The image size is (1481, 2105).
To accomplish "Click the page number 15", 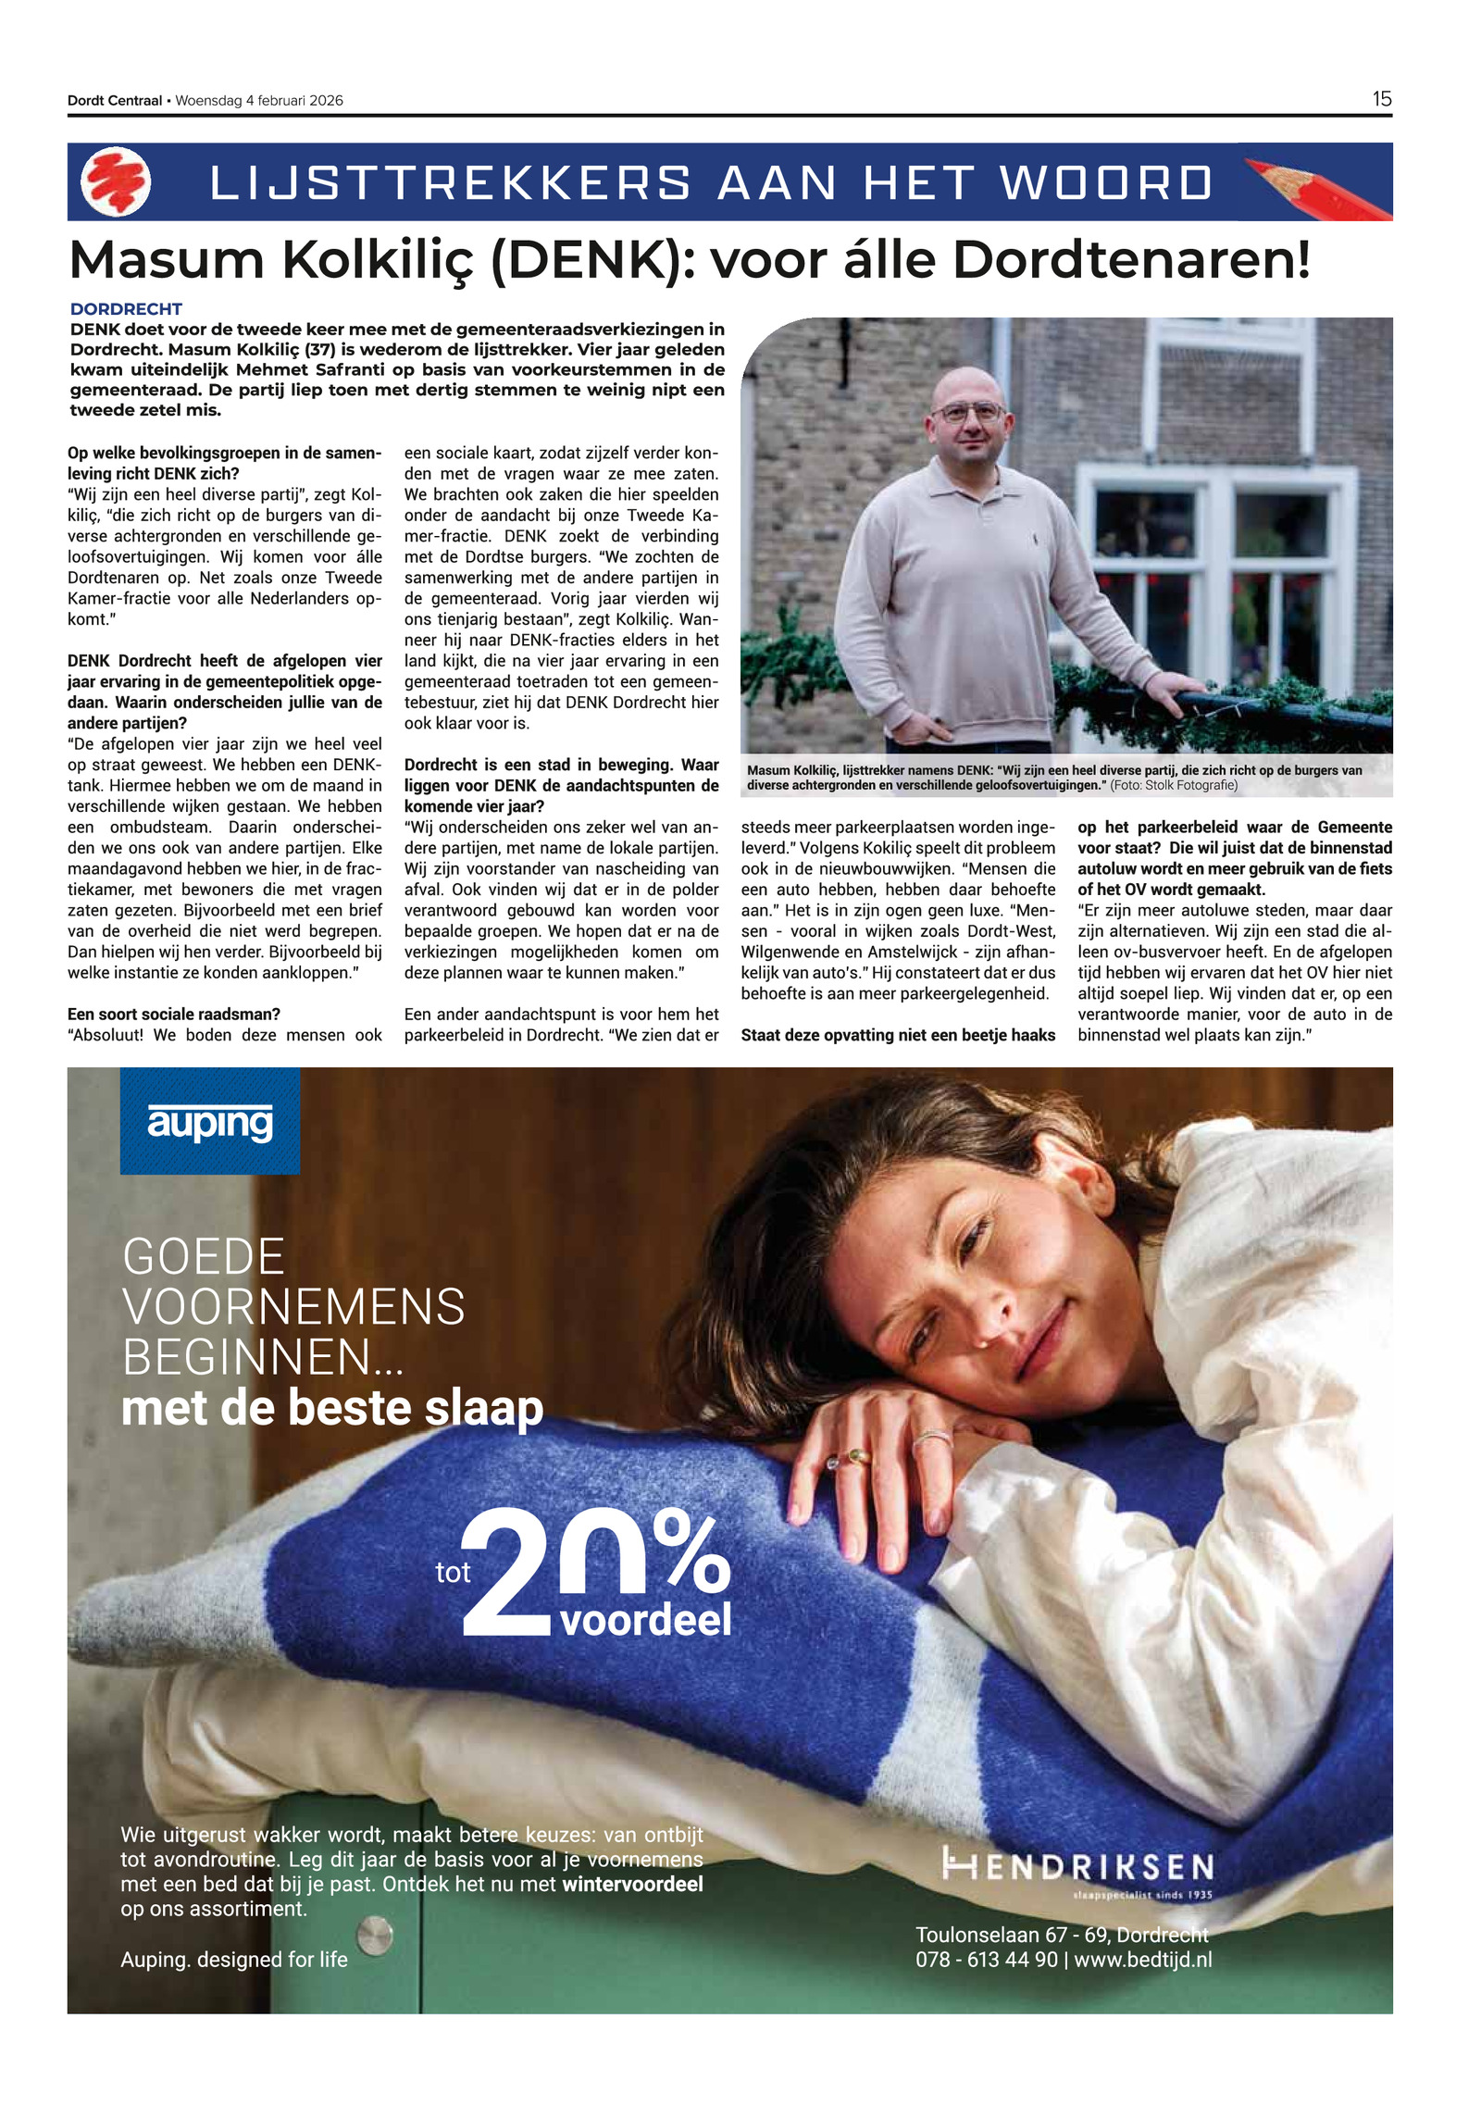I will click(1381, 99).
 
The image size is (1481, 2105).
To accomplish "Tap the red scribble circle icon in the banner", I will click(116, 181).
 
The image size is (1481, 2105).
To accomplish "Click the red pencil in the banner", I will click(1314, 188).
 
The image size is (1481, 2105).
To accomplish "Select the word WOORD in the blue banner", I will click(1106, 182).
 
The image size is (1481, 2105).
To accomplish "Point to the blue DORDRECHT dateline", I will click(126, 309).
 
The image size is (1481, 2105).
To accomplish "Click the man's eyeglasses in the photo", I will click(968, 413).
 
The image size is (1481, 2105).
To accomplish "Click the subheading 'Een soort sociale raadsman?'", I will click(173, 1015).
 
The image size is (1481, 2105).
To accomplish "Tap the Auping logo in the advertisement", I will click(210, 1121).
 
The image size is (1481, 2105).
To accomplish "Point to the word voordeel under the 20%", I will click(645, 1619).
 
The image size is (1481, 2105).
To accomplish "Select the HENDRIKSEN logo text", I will click(1077, 1866).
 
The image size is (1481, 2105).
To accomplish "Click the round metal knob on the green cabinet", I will click(375, 1935).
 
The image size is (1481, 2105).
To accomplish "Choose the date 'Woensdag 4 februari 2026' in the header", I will click(259, 101).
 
